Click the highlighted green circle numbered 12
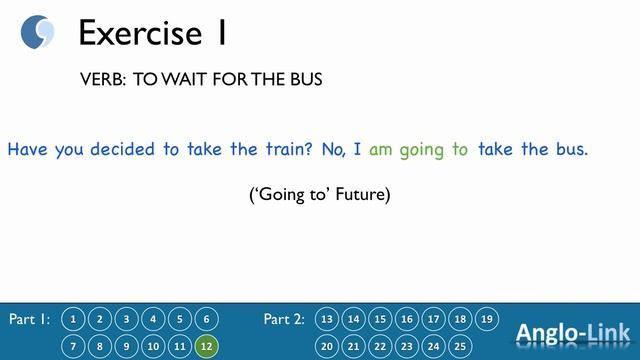(206, 346)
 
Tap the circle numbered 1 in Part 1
(73, 319)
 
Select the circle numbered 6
(206, 319)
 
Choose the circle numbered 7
(73, 346)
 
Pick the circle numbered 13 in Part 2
(326, 319)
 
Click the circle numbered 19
(486, 319)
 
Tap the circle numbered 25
(459, 346)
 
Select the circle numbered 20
(326, 346)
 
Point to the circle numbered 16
(406, 319)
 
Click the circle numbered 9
(126, 346)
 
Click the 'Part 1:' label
(29, 320)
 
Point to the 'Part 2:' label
(284, 320)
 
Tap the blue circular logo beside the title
(38, 32)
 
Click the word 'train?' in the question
(286, 150)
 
